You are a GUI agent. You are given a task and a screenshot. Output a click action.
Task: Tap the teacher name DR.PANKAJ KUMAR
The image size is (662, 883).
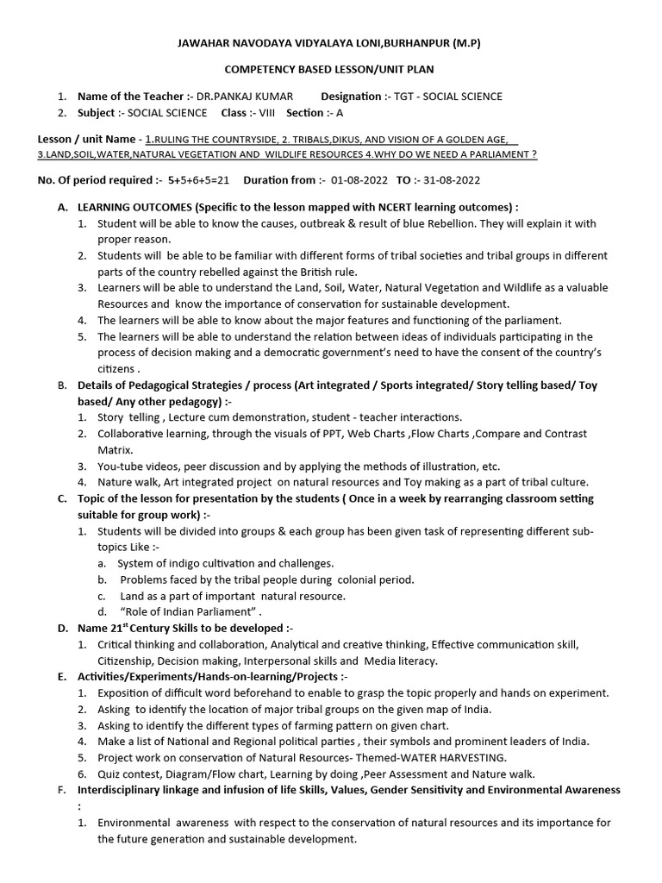tap(246, 97)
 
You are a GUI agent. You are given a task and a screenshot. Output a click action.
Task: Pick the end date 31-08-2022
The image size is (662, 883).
tap(448, 180)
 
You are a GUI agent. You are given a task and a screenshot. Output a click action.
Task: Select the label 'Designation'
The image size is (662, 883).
tap(353, 97)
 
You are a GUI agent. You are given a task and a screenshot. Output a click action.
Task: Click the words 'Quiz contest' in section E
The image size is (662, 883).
tap(130, 773)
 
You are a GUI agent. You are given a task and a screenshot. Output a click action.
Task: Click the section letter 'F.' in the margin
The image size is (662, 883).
tap(61, 790)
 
